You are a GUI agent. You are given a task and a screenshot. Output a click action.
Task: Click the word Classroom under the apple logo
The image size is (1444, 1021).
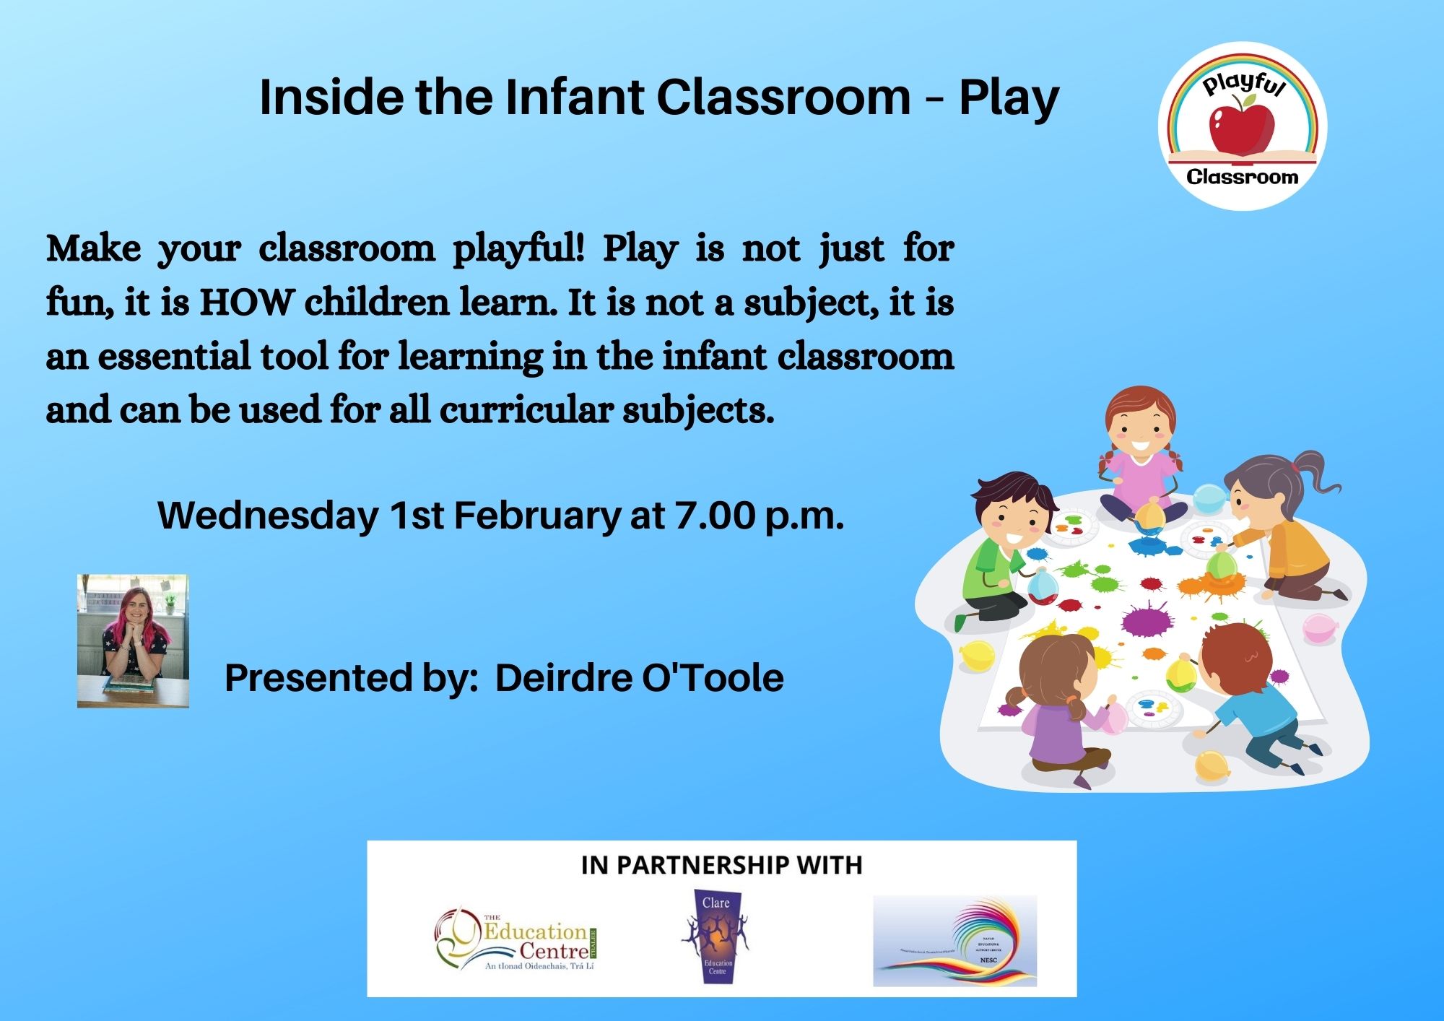1242,177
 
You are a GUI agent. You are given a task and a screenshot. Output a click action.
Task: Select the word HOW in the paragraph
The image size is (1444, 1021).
245,303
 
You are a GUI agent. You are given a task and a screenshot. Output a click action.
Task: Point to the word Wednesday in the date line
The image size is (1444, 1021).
268,516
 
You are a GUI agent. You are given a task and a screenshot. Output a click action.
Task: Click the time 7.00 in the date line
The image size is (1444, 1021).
715,516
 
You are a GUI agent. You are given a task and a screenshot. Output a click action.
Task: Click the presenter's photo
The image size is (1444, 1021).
133,640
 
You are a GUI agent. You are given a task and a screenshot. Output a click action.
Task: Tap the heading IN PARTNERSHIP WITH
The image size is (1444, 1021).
721,865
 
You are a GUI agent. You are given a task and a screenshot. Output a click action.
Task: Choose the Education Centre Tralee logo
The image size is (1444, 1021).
517,939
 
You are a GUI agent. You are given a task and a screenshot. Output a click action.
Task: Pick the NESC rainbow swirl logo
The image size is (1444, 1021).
954,941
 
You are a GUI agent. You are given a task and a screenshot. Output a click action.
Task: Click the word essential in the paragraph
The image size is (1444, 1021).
173,357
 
